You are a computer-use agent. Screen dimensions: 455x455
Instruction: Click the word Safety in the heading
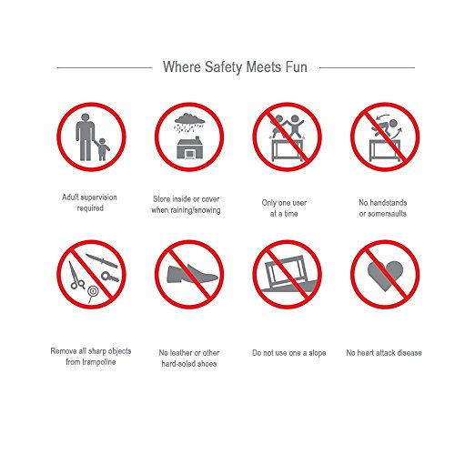click(x=224, y=67)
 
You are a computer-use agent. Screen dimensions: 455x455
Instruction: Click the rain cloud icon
click(x=189, y=123)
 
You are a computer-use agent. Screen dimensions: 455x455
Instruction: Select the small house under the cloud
click(x=189, y=147)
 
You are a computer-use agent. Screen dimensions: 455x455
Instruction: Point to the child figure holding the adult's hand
click(x=102, y=149)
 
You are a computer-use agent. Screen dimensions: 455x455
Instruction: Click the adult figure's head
click(x=86, y=117)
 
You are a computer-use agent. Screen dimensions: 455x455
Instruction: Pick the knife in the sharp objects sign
click(x=102, y=261)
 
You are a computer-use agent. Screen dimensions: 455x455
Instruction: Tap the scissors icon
click(x=76, y=276)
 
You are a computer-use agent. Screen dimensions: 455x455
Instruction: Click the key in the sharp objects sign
click(x=110, y=277)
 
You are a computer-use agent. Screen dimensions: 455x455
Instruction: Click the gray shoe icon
click(x=192, y=274)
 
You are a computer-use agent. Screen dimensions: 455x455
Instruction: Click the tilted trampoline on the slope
click(x=285, y=271)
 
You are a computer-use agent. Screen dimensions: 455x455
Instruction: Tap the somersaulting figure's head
click(x=393, y=124)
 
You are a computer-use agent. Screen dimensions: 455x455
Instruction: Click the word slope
click(x=318, y=353)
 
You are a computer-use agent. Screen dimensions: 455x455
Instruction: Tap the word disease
click(x=409, y=353)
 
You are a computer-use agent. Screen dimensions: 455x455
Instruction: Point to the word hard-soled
click(x=178, y=364)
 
